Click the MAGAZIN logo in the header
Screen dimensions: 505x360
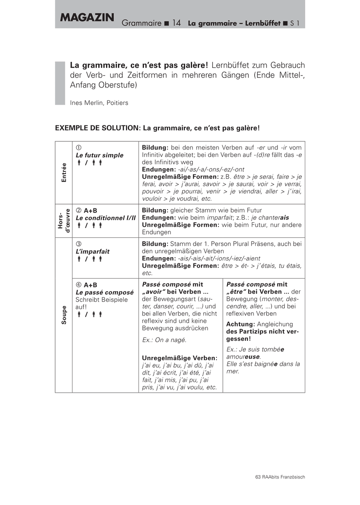87,18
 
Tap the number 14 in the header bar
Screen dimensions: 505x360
176,23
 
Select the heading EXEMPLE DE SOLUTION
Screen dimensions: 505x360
96,128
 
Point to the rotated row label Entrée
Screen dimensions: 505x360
64,172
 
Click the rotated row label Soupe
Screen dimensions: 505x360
64,314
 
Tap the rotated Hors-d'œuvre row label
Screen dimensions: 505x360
64,221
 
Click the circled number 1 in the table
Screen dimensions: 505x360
78,148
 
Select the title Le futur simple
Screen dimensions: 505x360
100,155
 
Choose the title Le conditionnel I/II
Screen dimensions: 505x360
106,218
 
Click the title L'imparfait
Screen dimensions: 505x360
93,251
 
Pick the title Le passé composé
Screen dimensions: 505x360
104,292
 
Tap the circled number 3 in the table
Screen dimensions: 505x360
78,244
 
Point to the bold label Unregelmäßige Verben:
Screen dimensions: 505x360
179,358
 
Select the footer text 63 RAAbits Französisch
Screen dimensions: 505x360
280,477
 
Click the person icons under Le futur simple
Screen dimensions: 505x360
89,163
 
